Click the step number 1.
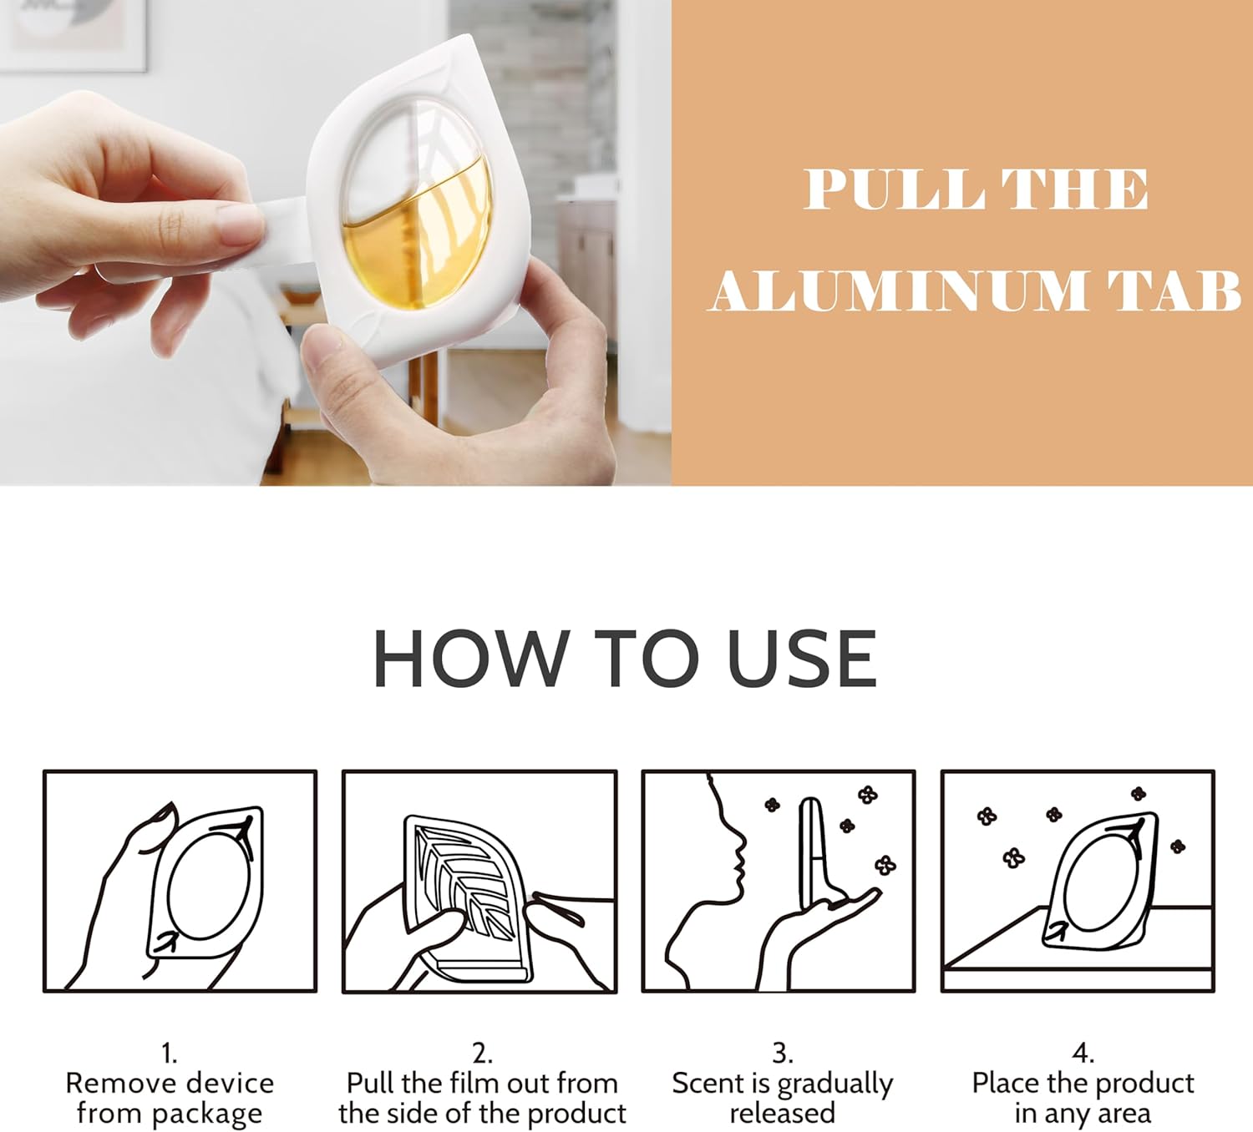[x=170, y=1056]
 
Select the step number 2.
[x=481, y=1056]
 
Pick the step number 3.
[x=781, y=1056]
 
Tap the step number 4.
[x=1083, y=1056]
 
